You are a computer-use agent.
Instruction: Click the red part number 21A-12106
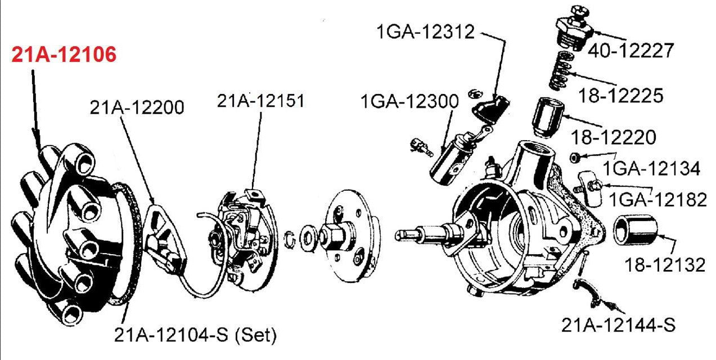coord(64,55)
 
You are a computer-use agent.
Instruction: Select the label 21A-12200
coord(137,107)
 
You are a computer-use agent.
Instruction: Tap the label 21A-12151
coord(261,101)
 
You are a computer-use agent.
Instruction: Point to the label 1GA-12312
coord(426,33)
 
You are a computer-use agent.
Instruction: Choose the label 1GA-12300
coord(410,102)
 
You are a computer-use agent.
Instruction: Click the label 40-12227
coord(631,51)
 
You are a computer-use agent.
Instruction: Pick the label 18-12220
coord(613,137)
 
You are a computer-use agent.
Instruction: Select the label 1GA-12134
coord(651,168)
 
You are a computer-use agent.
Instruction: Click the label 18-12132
coord(664,264)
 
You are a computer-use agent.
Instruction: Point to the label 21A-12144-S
coord(618,325)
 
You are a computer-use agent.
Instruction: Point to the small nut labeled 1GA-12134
coord(575,156)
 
